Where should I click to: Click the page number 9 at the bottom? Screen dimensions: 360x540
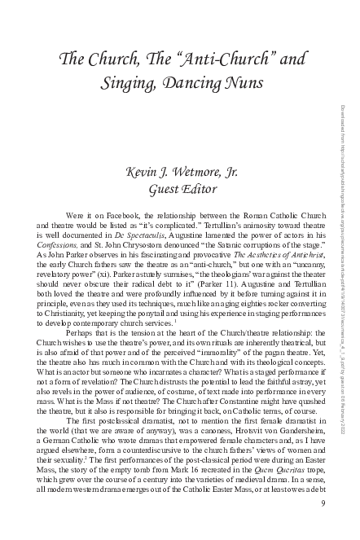pyautogui.click(x=323, y=525)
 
